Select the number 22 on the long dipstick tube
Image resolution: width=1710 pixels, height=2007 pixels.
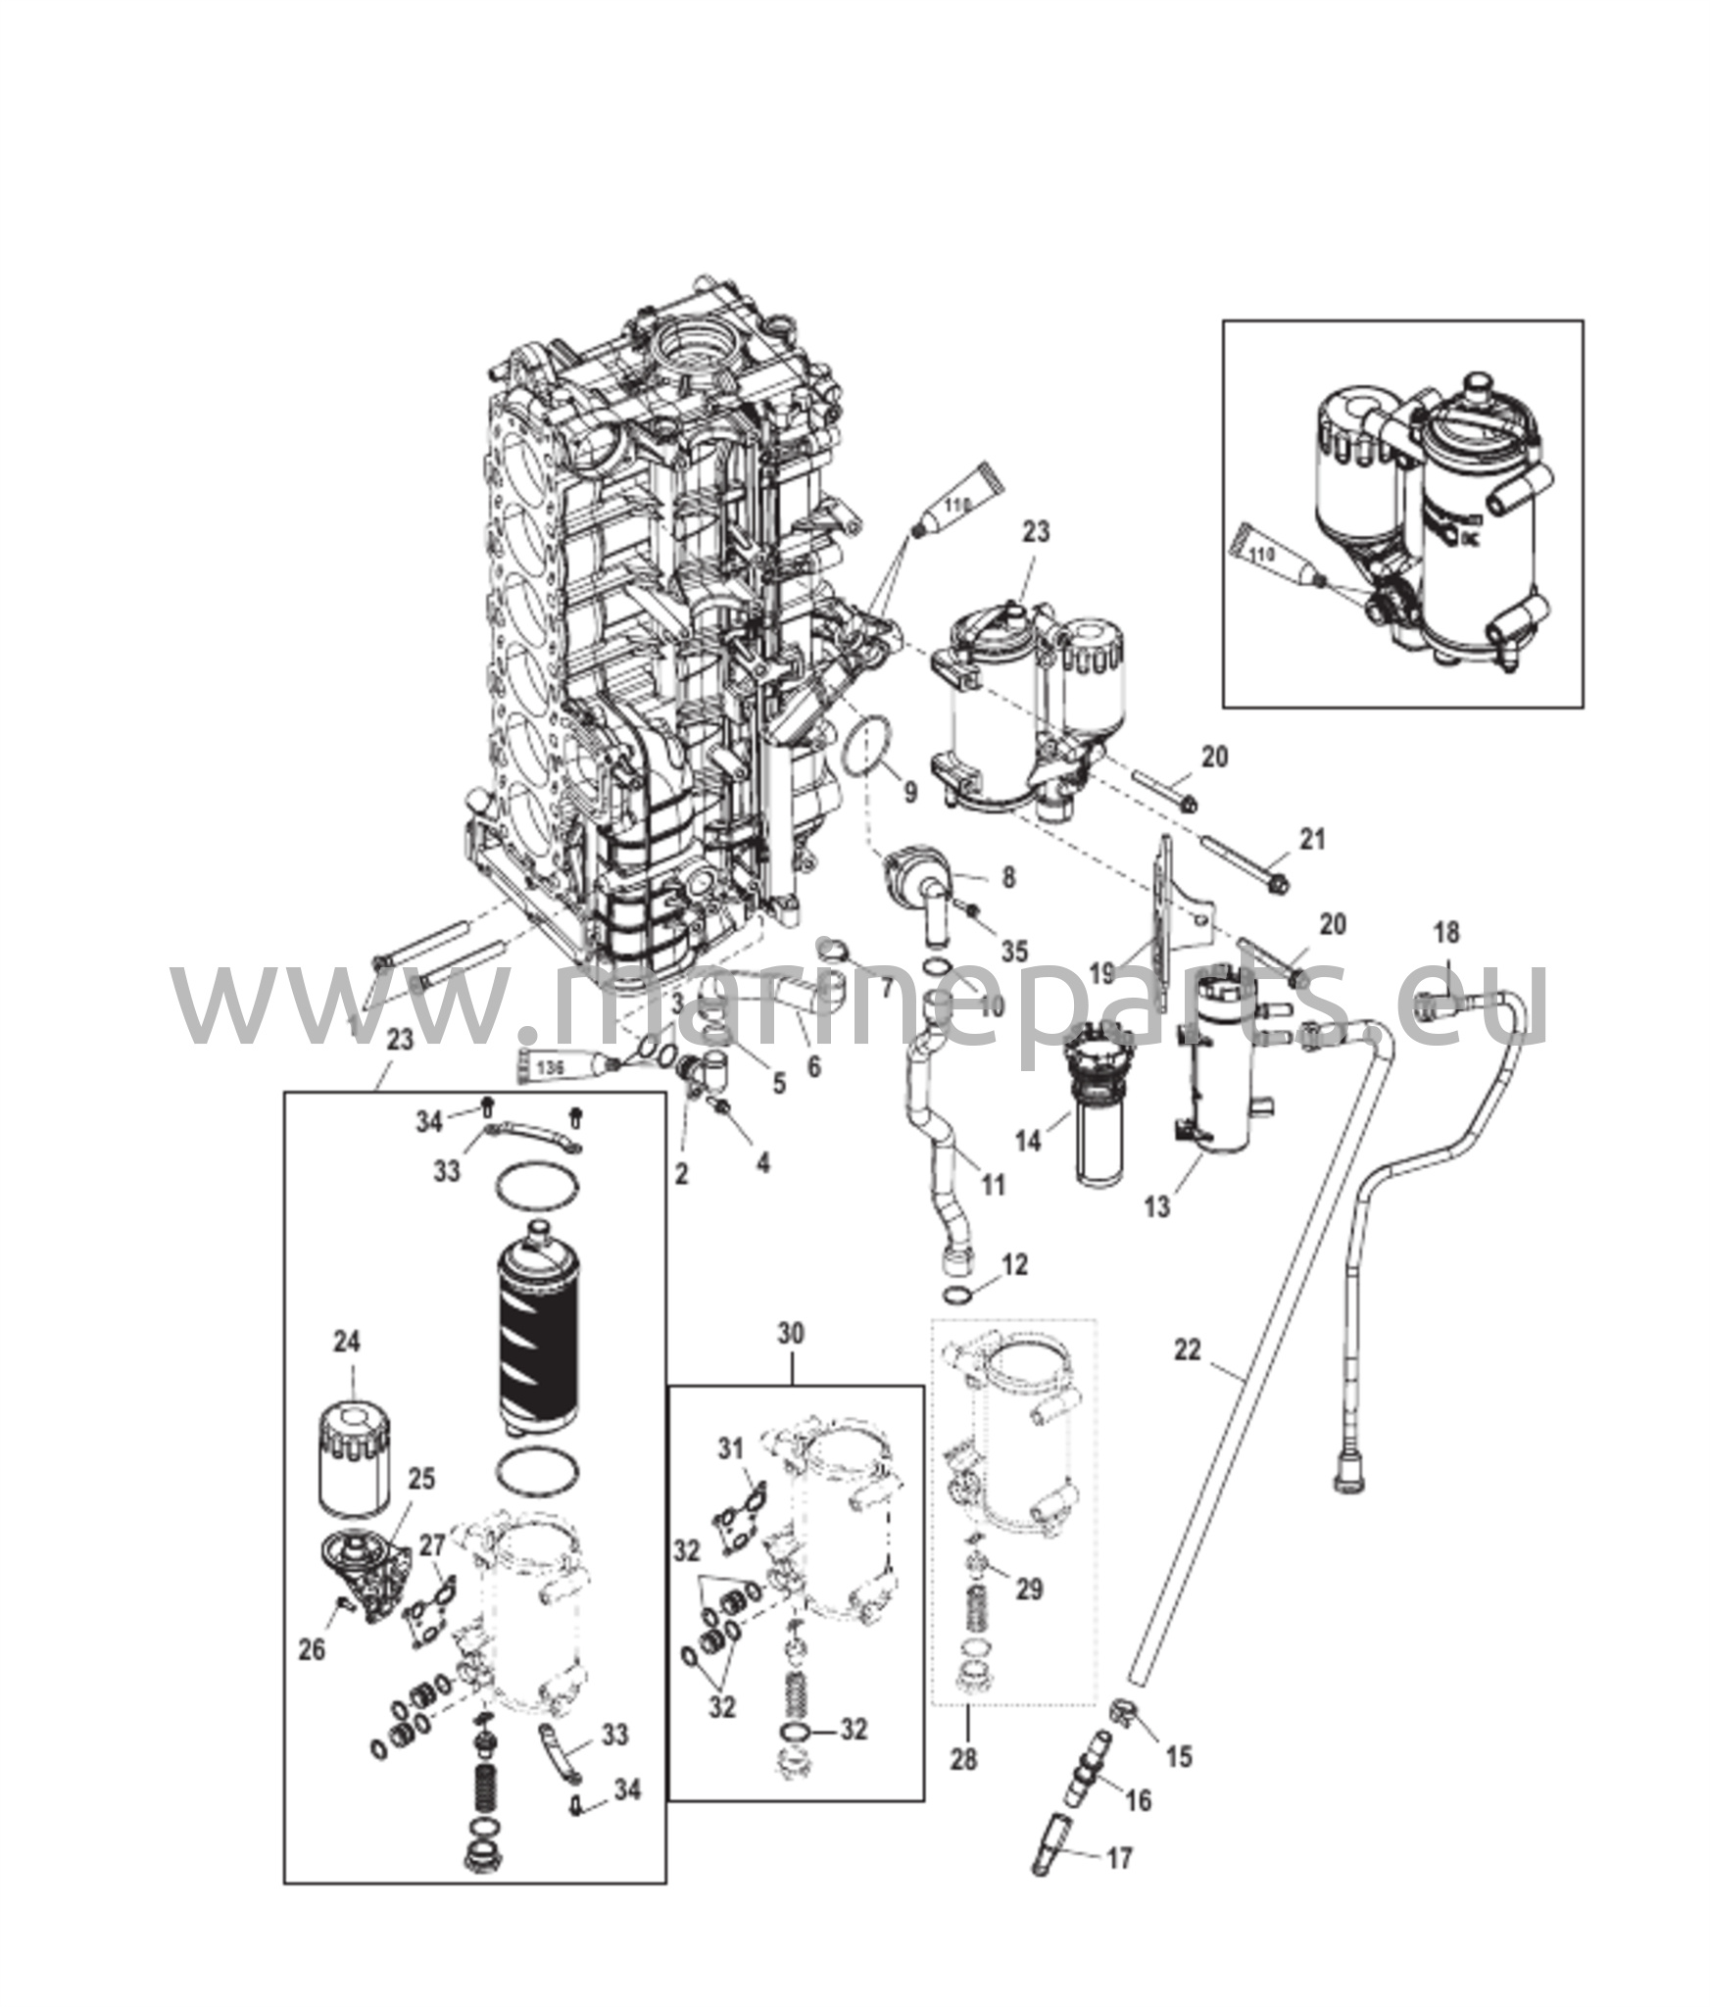point(1187,1349)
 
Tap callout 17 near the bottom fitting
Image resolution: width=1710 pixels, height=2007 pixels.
point(1119,1857)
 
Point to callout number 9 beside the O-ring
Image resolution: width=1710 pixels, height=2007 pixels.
point(910,792)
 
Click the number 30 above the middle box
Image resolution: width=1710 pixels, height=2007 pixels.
point(791,1333)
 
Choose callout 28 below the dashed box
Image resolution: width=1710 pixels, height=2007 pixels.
point(964,1759)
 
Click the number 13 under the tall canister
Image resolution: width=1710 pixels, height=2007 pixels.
point(1157,1206)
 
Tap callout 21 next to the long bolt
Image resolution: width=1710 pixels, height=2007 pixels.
point(1311,839)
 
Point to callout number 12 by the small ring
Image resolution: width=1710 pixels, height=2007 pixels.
point(1015,1264)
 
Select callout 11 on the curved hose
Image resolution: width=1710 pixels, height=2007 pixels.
point(993,1187)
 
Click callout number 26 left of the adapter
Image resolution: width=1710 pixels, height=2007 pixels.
point(311,1650)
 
